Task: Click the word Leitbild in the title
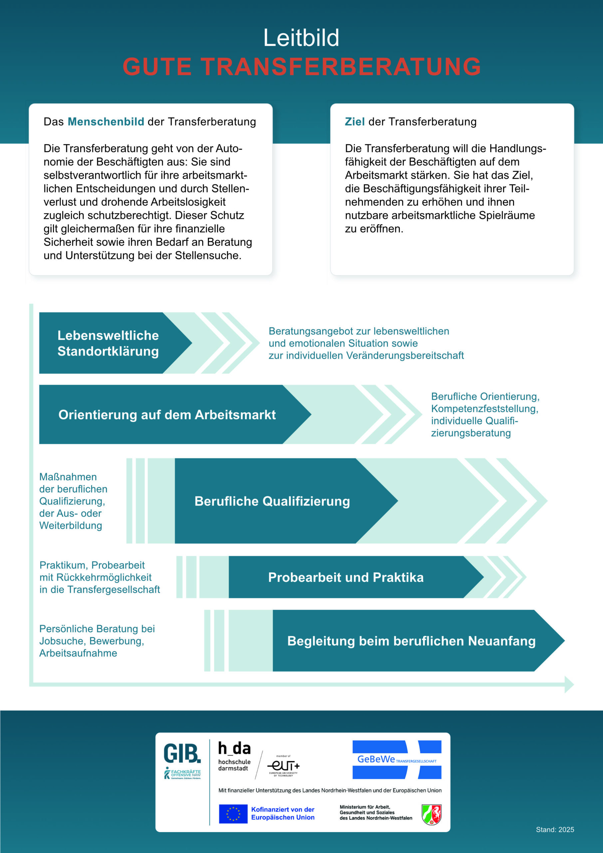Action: click(x=301, y=38)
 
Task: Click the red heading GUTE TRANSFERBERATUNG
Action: click(x=302, y=67)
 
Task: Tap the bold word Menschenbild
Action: click(x=106, y=122)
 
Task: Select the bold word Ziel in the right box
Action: click(x=355, y=122)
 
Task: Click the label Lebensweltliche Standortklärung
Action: click(x=108, y=343)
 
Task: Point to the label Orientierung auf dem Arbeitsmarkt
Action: click(x=167, y=415)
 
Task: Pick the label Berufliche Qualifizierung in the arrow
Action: click(x=272, y=501)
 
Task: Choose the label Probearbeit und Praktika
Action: click(x=346, y=577)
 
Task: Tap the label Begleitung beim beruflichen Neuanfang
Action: click(x=412, y=641)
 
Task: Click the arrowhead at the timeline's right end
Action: click(x=569, y=684)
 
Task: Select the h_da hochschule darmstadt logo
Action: click(x=234, y=756)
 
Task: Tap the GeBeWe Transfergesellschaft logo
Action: click(x=397, y=759)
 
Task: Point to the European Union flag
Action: click(x=233, y=814)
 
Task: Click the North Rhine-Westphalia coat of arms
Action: click(x=432, y=814)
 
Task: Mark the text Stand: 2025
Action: click(x=555, y=830)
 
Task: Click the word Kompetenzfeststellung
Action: click(x=484, y=409)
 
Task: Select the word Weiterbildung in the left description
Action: click(x=71, y=526)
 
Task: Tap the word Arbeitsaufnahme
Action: click(x=78, y=653)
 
